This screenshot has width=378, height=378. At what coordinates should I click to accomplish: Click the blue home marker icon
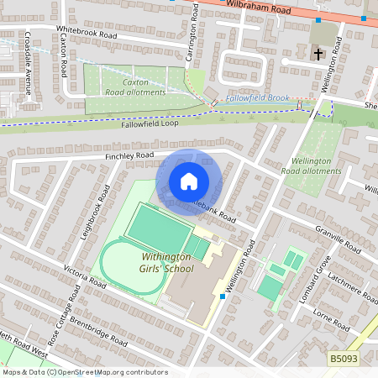189,181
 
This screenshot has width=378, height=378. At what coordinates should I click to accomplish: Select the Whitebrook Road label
87,33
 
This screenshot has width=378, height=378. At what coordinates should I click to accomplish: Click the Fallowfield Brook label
257,98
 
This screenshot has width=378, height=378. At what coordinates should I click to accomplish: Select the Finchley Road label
130,156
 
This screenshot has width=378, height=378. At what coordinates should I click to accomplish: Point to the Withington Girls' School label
155,263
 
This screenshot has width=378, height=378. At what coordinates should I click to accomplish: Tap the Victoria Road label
84,278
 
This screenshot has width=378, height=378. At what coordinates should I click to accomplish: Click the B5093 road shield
342,358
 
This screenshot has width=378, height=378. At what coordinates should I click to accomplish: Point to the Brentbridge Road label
99,331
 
